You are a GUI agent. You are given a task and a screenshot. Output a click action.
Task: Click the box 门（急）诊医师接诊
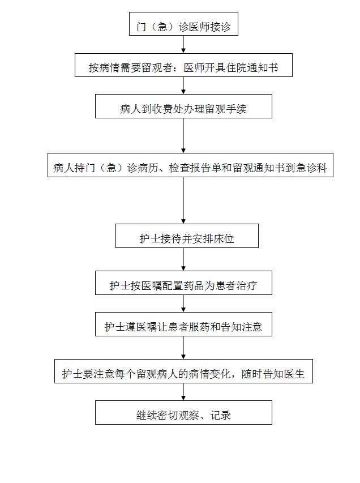[x=183, y=24]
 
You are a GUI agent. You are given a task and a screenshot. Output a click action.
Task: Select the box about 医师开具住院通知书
[x=183, y=65]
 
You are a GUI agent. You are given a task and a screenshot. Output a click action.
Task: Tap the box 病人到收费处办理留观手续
[x=183, y=106]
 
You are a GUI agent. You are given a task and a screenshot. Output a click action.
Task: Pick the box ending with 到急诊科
[x=190, y=165]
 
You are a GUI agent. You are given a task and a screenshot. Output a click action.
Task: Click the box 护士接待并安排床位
[x=187, y=236]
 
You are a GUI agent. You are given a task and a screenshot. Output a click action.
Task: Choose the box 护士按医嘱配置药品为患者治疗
[x=183, y=283]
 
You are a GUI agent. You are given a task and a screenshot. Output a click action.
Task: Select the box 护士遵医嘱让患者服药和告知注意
[x=183, y=324]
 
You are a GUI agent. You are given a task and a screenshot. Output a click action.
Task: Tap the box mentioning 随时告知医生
[x=183, y=371]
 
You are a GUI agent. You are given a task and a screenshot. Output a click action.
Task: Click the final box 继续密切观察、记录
[x=183, y=412]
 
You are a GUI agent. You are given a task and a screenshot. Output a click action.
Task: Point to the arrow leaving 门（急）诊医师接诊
[x=183, y=44]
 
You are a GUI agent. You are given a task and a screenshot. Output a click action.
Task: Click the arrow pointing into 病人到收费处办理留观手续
[x=183, y=86]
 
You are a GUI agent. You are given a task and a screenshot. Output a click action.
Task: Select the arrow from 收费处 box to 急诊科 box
[x=183, y=135]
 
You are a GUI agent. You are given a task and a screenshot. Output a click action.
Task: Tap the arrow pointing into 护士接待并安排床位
[x=183, y=200]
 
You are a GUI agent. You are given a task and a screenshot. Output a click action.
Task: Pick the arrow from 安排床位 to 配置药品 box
[x=183, y=259]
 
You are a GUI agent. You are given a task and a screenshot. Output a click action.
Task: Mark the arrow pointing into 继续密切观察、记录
[x=183, y=392]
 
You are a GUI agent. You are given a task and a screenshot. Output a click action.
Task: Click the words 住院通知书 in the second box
[x=252, y=68]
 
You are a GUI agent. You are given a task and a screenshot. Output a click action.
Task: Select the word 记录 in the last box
[x=221, y=415]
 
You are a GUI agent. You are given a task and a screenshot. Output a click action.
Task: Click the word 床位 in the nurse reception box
[x=224, y=239]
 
